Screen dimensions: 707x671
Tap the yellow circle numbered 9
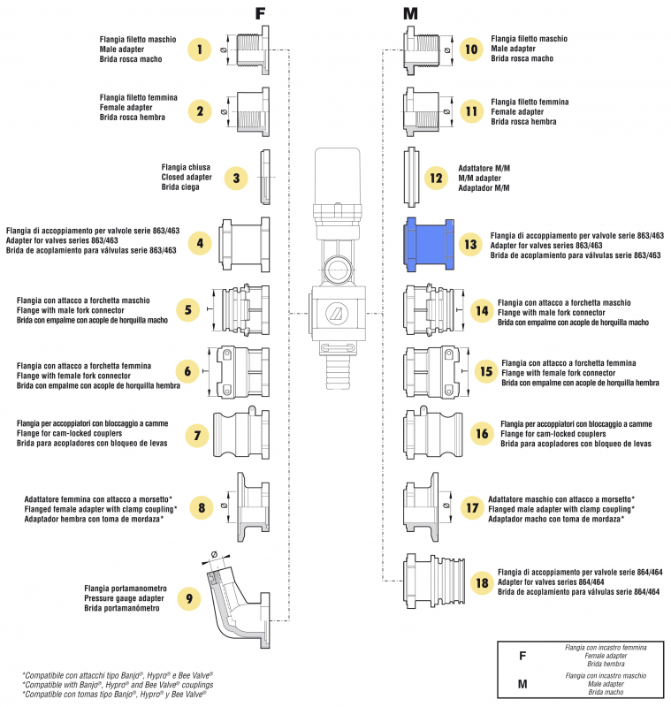188,598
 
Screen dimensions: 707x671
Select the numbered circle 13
470,244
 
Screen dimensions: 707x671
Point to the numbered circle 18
481,582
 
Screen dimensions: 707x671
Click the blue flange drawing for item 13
427,244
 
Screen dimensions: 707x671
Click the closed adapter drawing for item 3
264,178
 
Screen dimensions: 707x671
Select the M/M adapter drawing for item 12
411,178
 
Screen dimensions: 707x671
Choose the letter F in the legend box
523,656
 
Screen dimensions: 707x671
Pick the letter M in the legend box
523,684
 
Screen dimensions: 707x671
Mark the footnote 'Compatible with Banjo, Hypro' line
118,685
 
